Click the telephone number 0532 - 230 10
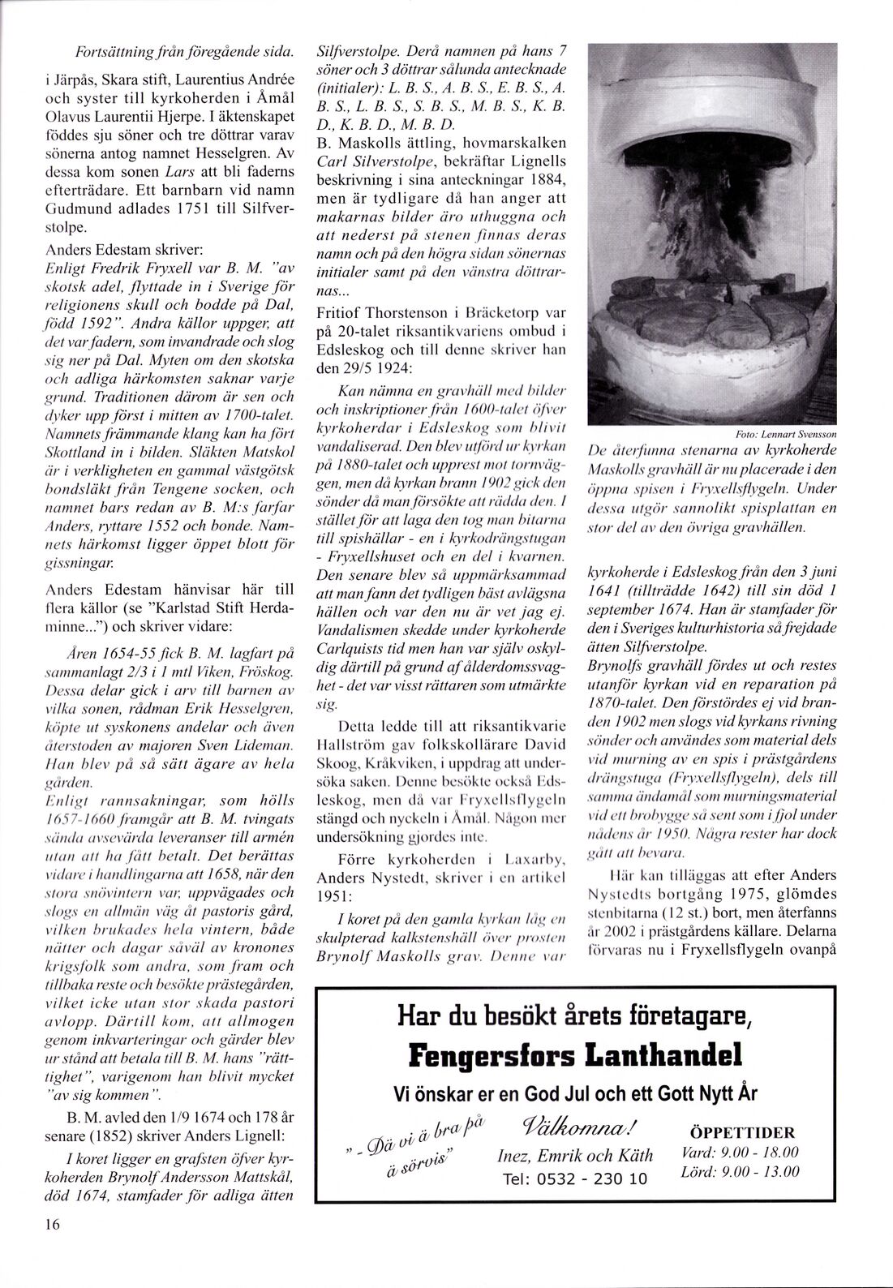click(574, 1179)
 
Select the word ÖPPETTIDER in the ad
click(742, 1132)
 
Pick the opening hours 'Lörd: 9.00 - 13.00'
click(741, 1171)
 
